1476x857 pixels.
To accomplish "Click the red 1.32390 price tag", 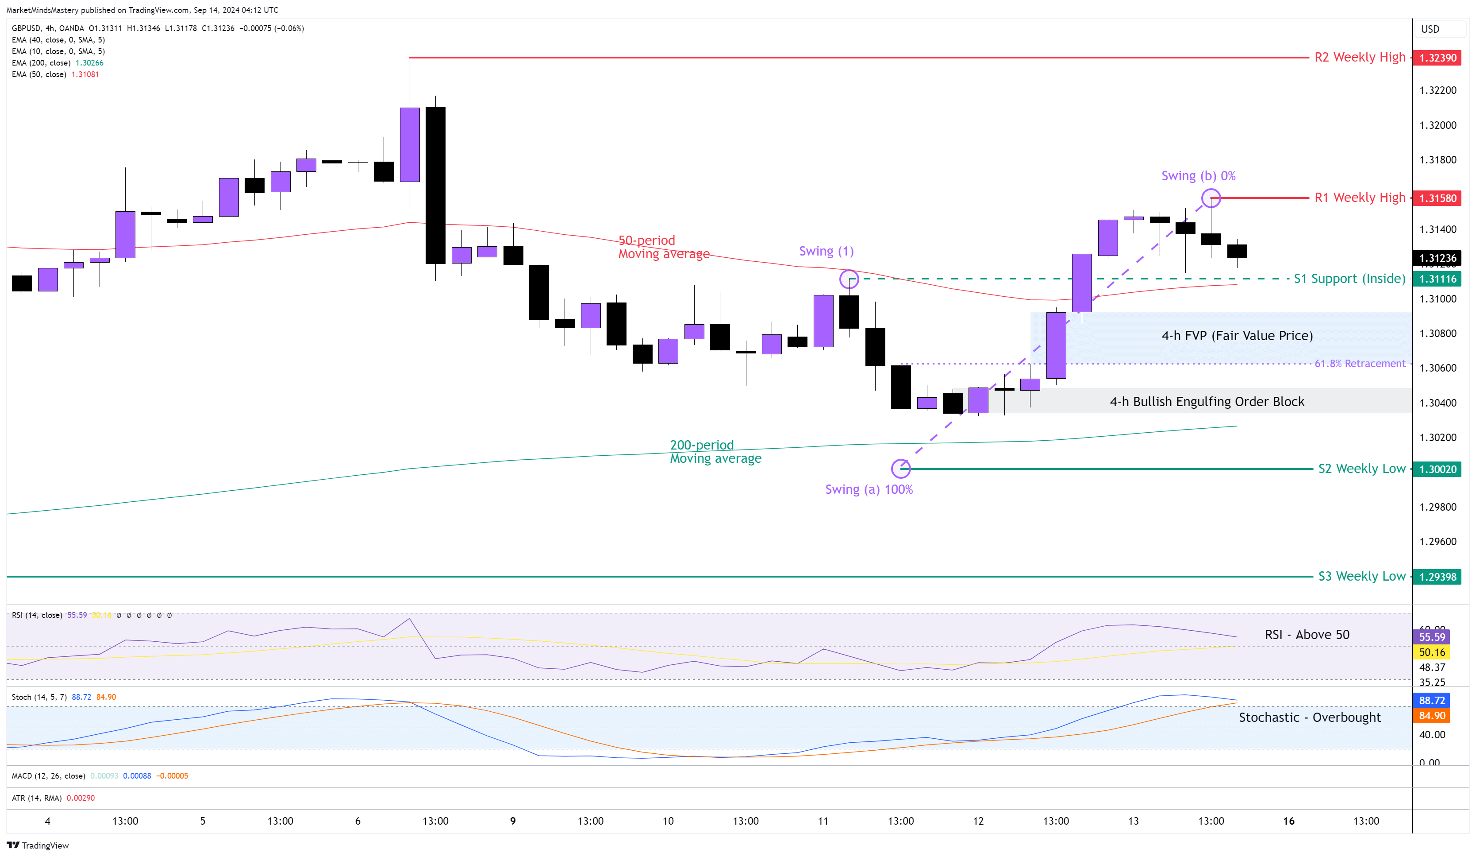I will [1437, 58].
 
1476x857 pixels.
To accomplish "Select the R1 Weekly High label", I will [1360, 198].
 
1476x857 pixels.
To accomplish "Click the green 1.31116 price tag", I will [1437, 279].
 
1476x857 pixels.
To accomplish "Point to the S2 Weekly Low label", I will [1361, 469].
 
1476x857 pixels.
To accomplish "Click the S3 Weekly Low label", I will [1361, 576].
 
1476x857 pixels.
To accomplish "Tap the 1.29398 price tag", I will [1437, 577].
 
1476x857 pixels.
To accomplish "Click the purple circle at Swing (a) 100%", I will [901, 469].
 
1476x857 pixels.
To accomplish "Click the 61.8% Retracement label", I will [1360, 364].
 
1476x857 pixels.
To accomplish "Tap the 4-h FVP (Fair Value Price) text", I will [1237, 336].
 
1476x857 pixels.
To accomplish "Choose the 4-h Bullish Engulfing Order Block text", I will [1207, 402].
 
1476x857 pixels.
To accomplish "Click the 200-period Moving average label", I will [715, 451].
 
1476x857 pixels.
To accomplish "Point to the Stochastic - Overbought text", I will [1309, 717].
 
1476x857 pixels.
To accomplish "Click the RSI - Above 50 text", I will [1307, 635].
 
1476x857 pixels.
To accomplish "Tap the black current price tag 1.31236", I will [1437, 258].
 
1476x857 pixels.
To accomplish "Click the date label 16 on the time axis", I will [1288, 821].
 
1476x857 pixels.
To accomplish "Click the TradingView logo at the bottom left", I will [38, 845].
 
